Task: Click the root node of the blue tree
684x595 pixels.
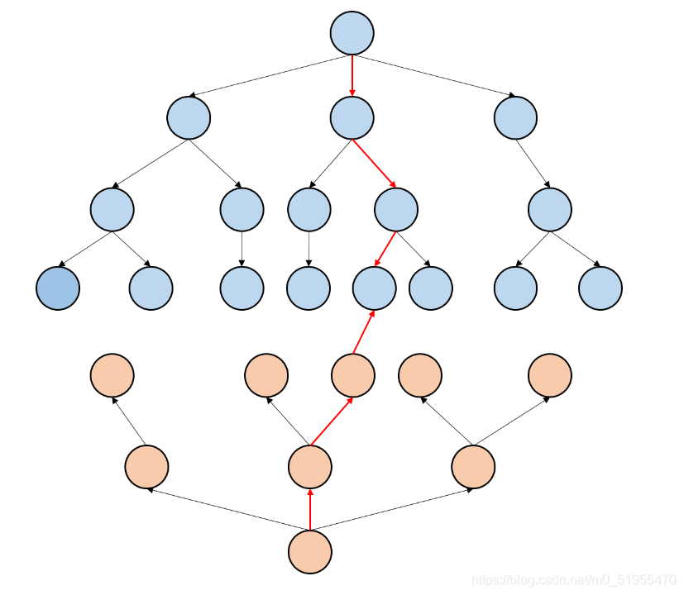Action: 352,34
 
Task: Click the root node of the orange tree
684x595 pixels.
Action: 310,551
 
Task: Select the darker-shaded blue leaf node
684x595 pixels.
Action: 58,288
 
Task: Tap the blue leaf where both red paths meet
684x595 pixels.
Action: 375,288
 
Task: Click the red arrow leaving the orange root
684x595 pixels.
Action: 310,509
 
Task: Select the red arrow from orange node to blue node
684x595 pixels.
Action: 364,332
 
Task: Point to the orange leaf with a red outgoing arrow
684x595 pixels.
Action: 353,375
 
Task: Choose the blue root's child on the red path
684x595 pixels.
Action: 352,118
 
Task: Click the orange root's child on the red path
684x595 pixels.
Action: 310,466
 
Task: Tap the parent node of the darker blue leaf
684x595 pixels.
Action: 112,209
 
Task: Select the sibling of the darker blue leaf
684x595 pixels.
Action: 151,288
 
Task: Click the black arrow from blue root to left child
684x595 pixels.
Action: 270,76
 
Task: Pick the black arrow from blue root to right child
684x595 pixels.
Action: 434,76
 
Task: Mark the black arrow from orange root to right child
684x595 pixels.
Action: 391,509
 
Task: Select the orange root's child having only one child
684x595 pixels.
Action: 146,466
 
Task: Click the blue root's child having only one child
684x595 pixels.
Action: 516,118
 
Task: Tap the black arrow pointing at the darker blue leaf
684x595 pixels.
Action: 85,249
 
